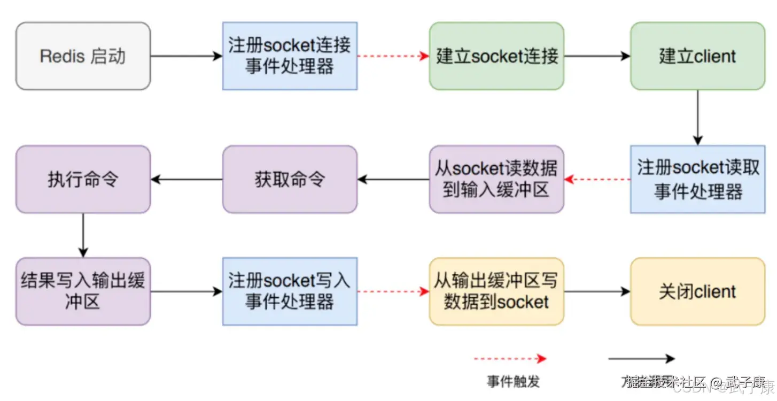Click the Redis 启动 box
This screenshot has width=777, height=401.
[x=83, y=56]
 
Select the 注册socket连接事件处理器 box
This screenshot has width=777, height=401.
[x=290, y=56]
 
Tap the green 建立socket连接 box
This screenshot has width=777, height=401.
[x=496, y=56]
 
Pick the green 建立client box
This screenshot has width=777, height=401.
[x=697, y=56]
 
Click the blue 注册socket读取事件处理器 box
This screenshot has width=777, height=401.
[x=697, y=179]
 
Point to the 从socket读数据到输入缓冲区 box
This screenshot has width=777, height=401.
[x=496, y=179]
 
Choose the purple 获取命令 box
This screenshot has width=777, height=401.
[x=290, y=179]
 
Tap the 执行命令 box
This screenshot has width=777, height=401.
[x=83, y=179]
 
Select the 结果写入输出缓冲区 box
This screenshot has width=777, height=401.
[x=83, y=291]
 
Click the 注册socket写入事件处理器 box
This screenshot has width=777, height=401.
[x=290, y=291]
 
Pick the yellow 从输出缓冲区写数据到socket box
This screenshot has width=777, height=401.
[x=496, y=291]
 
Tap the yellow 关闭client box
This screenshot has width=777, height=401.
[x=697, y=291]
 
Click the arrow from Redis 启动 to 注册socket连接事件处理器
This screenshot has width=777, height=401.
[x=187, y=56]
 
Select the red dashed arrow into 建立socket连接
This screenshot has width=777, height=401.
[x=393, y=56]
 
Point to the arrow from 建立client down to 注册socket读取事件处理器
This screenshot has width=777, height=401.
[x=697, y=118]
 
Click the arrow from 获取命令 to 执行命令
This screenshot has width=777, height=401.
[x=187, y=179]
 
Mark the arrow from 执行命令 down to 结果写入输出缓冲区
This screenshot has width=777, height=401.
[x=83, y=235]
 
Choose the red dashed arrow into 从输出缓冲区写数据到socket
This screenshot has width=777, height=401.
[x=393, y=291]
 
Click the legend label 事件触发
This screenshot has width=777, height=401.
[x=513, y=381]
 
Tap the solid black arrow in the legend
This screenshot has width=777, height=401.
[x=641, y=359]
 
